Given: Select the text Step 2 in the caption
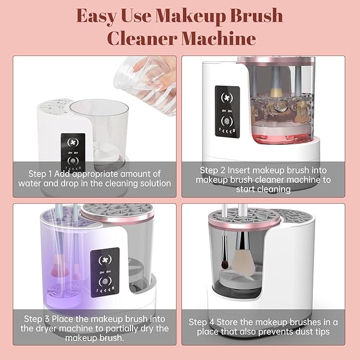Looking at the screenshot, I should point(213,170).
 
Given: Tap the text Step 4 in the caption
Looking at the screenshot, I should point(202,322).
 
